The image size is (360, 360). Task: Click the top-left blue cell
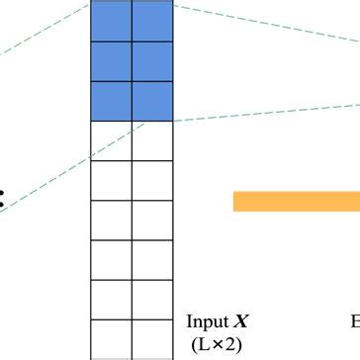point(110,20)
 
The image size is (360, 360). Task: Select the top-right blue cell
point(152,20)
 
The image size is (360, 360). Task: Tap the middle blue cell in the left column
point(110,60)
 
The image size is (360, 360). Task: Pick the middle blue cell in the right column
point(152,60)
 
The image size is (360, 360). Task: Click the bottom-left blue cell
point(110,100)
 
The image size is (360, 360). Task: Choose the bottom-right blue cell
point(152,100)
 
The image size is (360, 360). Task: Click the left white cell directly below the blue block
point(110,140)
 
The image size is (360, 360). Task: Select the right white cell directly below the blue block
point(152,140)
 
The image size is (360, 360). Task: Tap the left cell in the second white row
point(110,180)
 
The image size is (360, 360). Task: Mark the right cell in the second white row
point(152,180)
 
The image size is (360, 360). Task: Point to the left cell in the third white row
point(110,220)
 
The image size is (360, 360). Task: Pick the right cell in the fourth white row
point(152,260)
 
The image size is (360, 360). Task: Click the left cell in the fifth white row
point(110,300)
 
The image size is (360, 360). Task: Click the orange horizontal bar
point(296,201)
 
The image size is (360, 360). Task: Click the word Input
point(207,322)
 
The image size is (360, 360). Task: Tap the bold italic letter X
point(240,322)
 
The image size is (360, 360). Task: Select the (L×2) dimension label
point(217,344)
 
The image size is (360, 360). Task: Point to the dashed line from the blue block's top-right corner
point(267,29)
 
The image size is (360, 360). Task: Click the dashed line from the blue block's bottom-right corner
point(267,111)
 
